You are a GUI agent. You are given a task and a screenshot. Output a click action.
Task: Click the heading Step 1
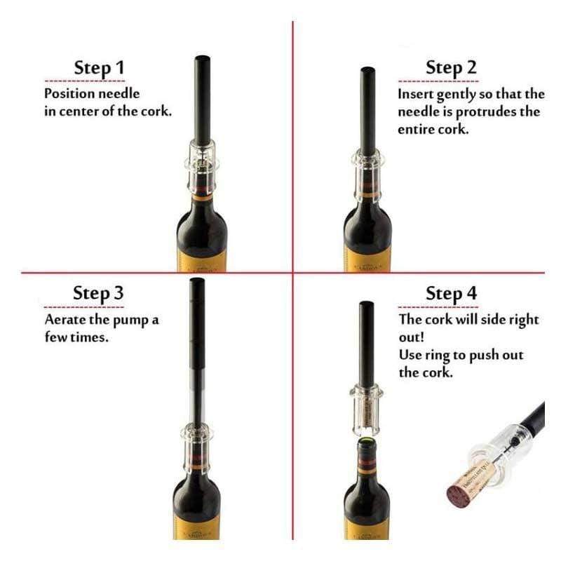pos(99,69)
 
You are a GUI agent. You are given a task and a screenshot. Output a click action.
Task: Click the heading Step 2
pos(451,68)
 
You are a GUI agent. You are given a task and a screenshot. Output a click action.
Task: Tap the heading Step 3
pos(98,294)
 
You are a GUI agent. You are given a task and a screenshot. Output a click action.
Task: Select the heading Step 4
pos(451,294)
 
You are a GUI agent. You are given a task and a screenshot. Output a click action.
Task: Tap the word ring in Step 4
pos(438,356)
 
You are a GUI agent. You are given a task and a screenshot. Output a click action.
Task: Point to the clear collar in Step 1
pos(201,166)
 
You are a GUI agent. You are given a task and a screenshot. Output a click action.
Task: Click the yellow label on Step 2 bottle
pos(367,257)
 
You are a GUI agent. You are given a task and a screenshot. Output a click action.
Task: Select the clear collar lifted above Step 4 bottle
pos(367,410)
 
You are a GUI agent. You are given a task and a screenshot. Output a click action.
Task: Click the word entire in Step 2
pos(414,130)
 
